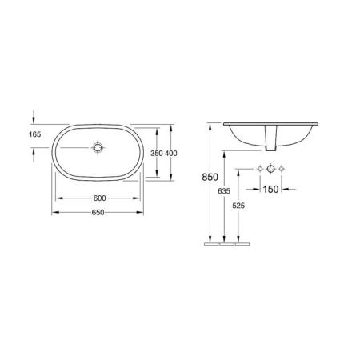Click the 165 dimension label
click(x=35, y=134)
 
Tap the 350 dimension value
click(x=157, y=154)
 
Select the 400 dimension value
click(x=171, y=154)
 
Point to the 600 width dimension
click(x=99, y=198)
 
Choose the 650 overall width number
click(x=98, y=213)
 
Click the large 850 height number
click(x=210, y=177)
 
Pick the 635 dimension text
click(x=224, y=191)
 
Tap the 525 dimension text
click(x=238, y=206)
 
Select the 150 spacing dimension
click(x=270, y=190)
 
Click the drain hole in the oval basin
click(x=98, y=147)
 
